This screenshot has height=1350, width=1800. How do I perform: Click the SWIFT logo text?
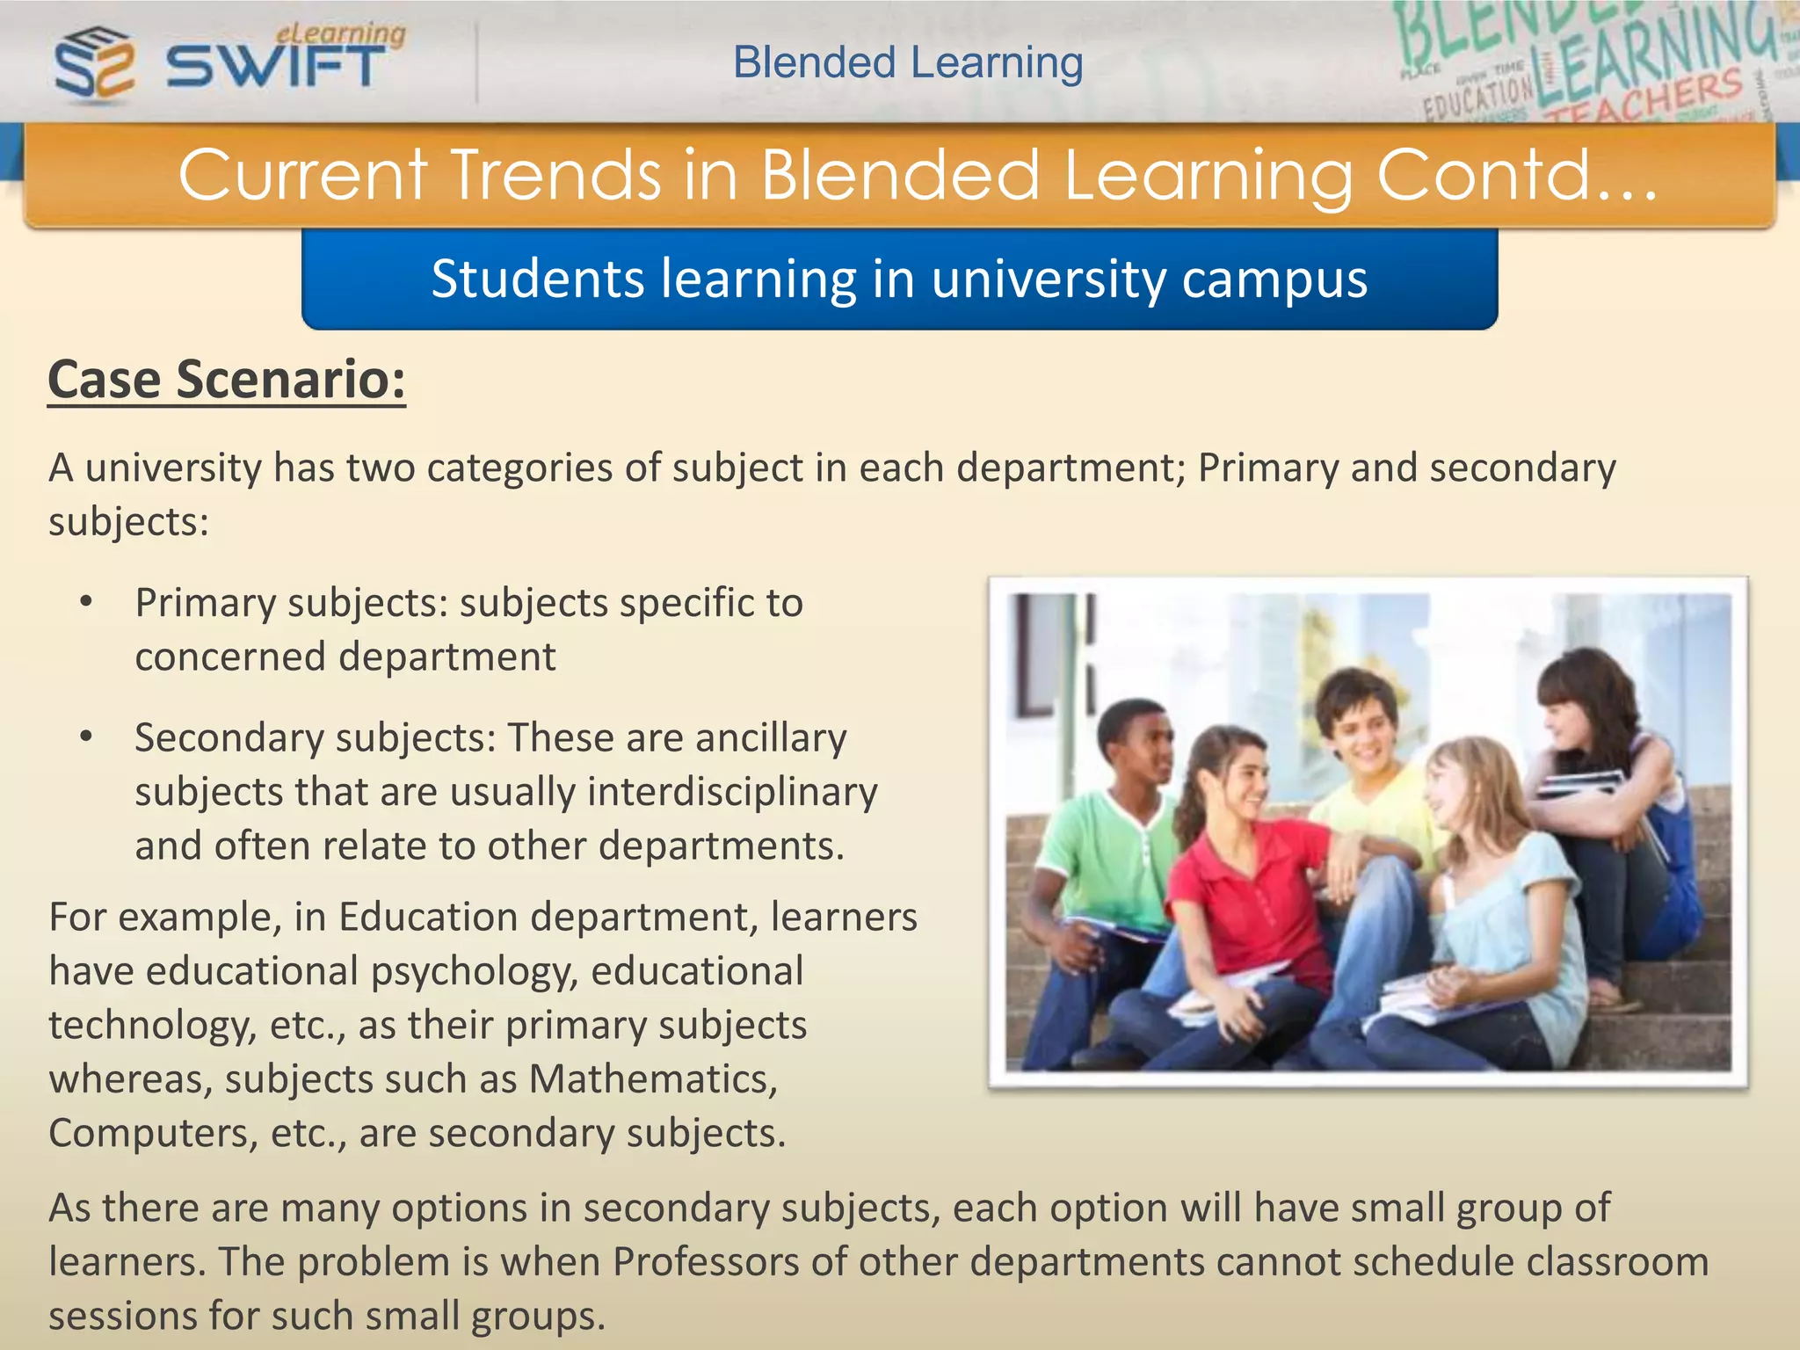pos(274,67)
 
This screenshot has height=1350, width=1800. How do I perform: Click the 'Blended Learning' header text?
pos(908,62)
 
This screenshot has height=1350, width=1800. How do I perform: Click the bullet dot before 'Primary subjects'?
pos(85,602)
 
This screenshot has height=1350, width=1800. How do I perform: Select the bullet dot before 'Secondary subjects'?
pos(85,737)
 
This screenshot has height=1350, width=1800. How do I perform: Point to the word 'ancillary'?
pos(771,737)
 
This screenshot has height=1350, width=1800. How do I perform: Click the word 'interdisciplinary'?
pos(732,791)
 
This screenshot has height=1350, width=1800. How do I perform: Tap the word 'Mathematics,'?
pos(653,1078)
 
